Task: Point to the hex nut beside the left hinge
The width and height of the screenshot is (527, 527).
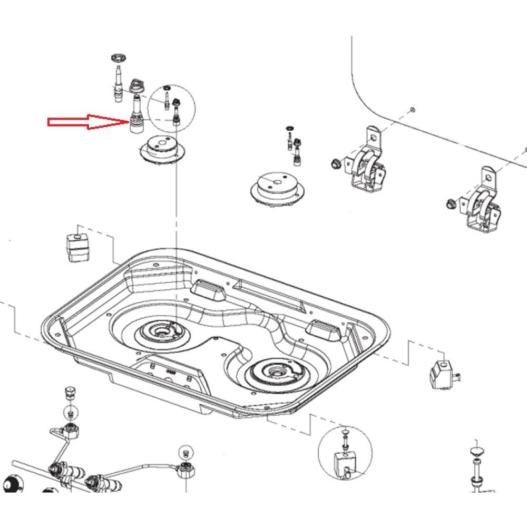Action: pyautogui.click(x=334, y=163)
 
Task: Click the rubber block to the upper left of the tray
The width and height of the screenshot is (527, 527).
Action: pyautogui.click(x=77, y=246)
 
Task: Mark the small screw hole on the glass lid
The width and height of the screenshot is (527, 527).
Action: pyautogui.click(x=412, y=110)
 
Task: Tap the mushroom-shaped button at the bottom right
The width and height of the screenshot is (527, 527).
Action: pyautogui.click(x=477, y=452)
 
